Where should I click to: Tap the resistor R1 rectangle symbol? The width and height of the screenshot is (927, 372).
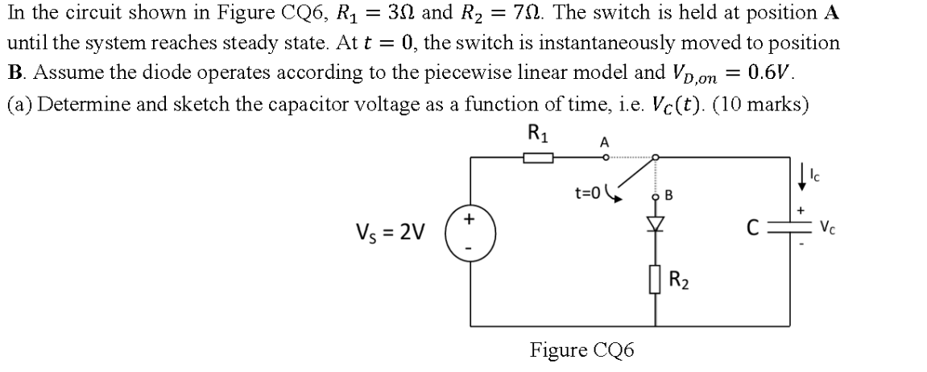(538, 159)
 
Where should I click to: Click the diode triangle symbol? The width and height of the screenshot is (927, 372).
(655, 224)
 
